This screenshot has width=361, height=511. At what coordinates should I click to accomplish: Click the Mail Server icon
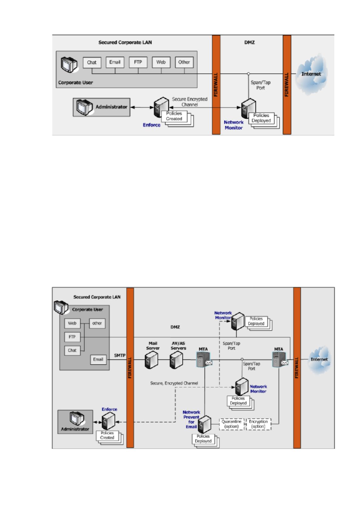point(151,360)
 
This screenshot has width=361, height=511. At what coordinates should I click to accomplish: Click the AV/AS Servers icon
point(176,360)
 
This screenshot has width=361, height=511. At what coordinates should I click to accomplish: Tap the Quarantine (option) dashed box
point(231,424)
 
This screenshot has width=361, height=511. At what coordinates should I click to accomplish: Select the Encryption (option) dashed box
point(259,424)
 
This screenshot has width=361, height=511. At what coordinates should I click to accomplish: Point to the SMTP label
point(120,355)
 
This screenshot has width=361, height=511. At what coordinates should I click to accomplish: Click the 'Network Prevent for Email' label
point(191,419)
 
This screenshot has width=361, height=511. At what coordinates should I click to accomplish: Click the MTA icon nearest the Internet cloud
point(280,359)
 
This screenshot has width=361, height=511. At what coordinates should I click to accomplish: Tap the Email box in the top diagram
point(115,62)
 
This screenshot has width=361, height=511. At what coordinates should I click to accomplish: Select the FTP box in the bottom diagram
point(72,337)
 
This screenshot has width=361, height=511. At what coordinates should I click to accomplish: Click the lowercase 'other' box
point(97,323)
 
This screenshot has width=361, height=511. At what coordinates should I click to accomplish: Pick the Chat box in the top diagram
point(92,63)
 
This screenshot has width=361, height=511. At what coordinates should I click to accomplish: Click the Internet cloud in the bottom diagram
point(319,360)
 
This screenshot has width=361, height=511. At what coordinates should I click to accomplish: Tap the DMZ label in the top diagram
point(249,42)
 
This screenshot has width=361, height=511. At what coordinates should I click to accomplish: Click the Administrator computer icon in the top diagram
point(84,107)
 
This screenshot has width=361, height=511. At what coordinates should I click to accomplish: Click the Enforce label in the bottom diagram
point(109,409)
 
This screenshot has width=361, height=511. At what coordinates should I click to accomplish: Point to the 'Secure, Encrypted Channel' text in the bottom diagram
point(174,383)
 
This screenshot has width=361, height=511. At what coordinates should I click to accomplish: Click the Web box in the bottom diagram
point(72,323)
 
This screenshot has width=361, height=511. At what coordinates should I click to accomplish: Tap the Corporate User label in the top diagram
point(75,83)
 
